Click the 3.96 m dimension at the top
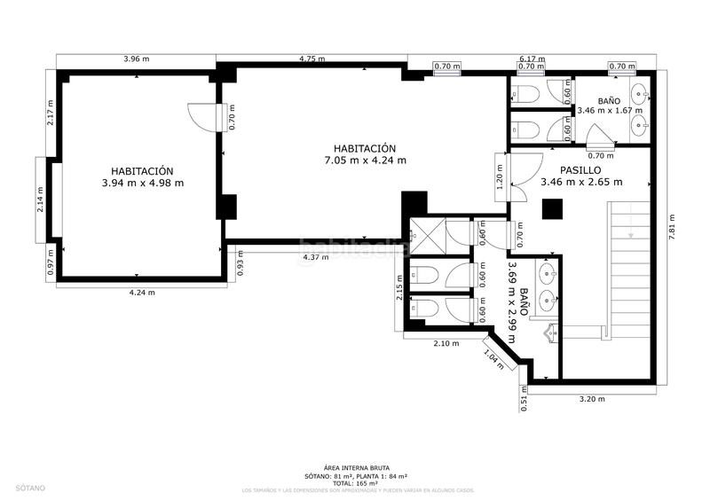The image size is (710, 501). [x=136, y=59]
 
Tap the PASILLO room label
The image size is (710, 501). [x=581, y=169]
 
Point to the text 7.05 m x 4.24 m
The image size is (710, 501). [x=365, y=160]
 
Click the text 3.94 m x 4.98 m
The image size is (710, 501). [x=142, y=184]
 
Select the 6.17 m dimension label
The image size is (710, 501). [x=532, y=59]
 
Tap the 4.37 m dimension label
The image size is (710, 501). [x=315, y=257]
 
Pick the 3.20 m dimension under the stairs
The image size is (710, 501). [x=591, y=398]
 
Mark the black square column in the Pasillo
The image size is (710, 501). [x=554, y=208]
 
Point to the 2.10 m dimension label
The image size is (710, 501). [x=446, y=343]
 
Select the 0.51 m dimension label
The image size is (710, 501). [x=524, y=400]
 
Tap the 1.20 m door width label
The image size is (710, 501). [x=500, y=180]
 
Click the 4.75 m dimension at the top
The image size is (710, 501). [x=312, y=59]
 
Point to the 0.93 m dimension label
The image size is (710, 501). [x=241, y=266]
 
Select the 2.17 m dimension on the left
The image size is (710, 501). [x=51, y=112]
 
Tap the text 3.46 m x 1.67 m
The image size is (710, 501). [x=609, y=112]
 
